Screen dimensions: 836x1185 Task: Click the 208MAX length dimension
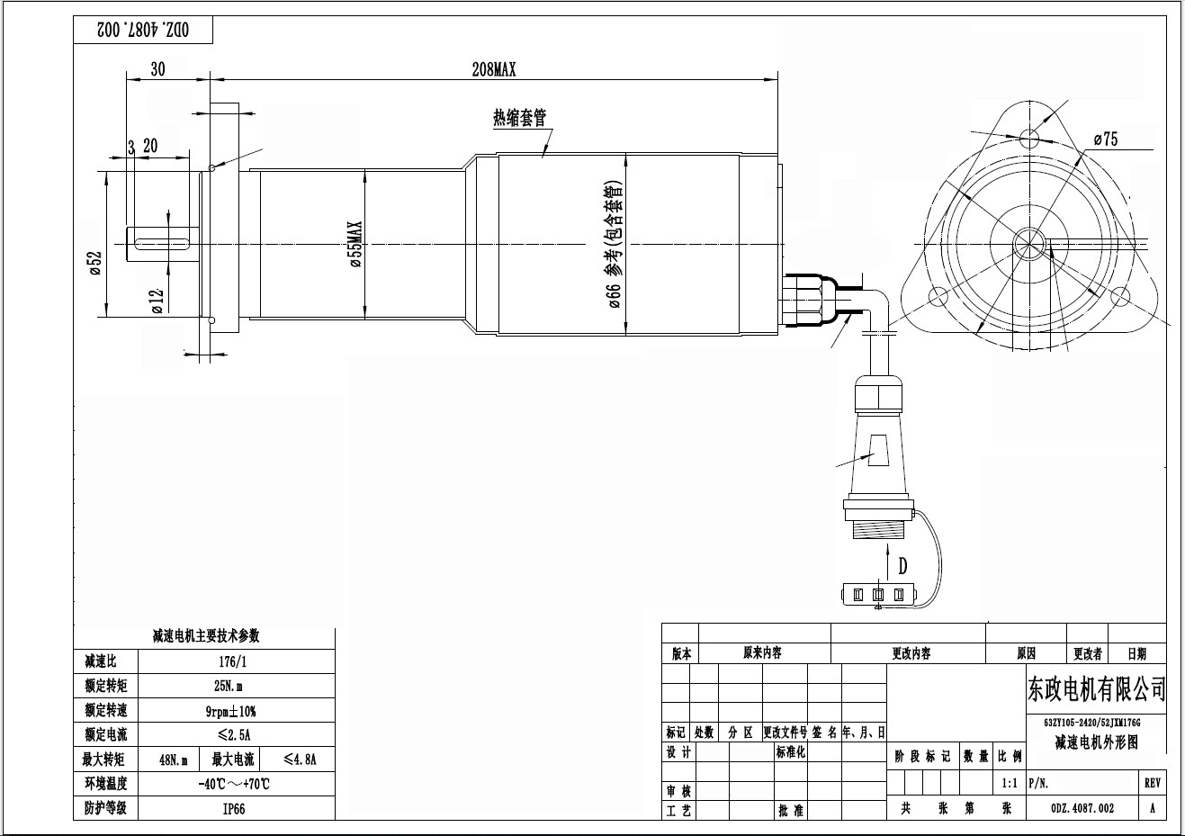pos(494,69)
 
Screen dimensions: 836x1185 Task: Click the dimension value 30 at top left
pos(157,69)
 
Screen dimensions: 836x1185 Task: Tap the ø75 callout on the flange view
pos(1105,139)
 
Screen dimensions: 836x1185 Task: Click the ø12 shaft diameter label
pos(157,300)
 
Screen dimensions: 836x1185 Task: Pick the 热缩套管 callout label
pos(519,118)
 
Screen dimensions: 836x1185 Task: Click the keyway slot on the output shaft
pos(159,241)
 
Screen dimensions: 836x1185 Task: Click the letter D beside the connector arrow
pos(902,566)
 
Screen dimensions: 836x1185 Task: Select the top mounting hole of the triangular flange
pos(1029,137)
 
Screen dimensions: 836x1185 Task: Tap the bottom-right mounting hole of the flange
pos(1120,296)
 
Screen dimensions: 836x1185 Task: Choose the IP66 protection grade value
pos(233,807)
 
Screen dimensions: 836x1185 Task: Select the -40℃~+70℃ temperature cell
pos(233,783)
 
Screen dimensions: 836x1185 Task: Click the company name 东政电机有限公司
pos(1096,690)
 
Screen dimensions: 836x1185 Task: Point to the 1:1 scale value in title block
pos(1009,783)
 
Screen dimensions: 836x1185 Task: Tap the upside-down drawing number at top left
pos(144,30)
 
